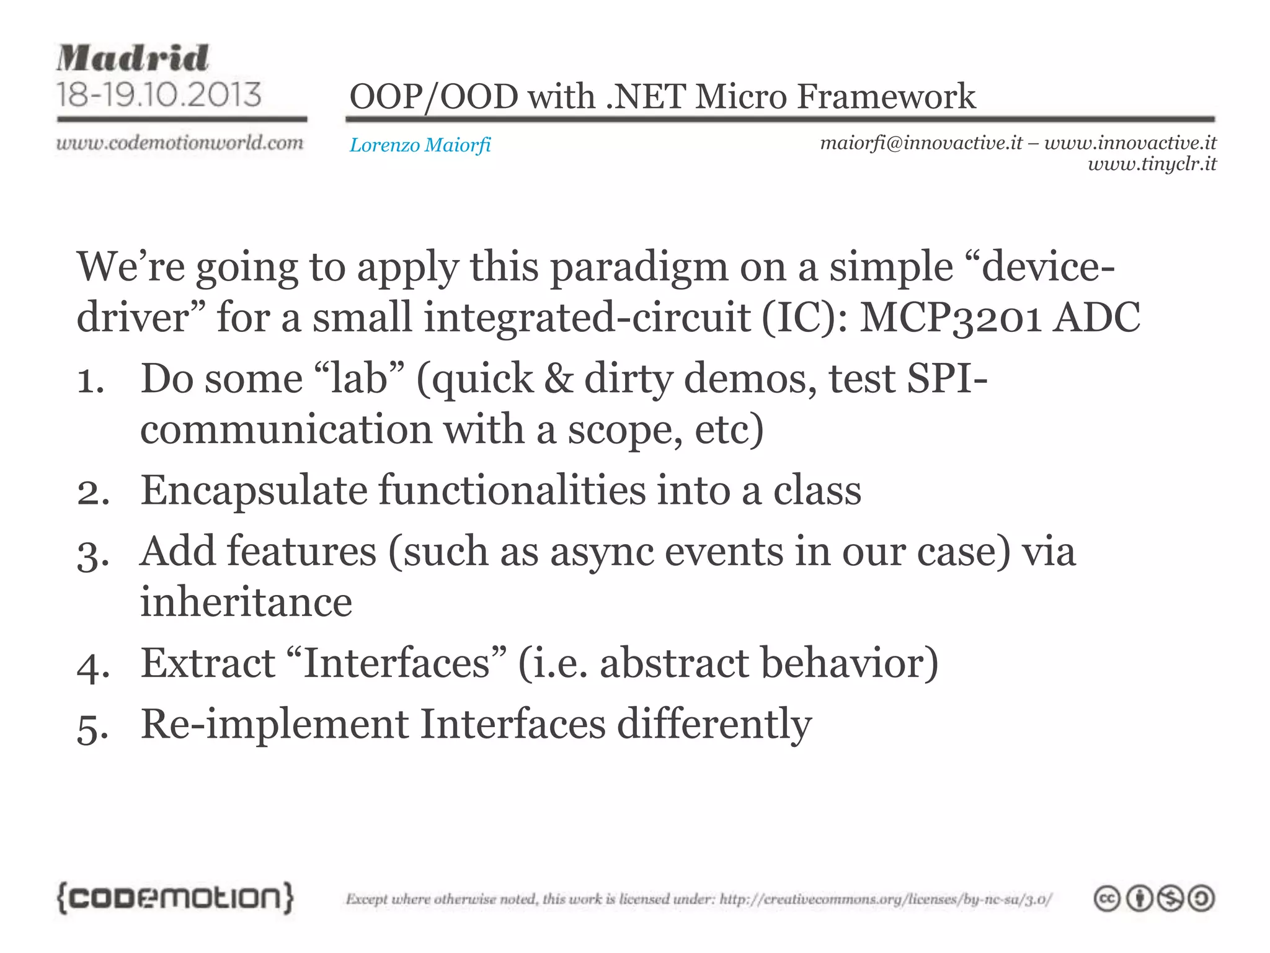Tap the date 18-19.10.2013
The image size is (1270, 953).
tap(159, 94)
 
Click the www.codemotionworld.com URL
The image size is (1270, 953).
tap(180, 143)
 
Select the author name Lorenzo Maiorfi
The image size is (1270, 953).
tap(420, 145)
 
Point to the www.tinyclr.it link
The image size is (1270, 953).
tap(1152, 164)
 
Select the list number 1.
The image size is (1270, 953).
tap(89, 380)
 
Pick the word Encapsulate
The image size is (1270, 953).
tap(254, 491)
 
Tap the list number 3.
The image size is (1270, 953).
tap(92, 553)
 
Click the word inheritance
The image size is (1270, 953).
tap(246, 602)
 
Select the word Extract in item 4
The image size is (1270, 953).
tap(208, 663)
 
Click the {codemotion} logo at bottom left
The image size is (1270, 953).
tap(175, 898)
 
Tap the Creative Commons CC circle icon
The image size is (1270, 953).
tap(1106, 898)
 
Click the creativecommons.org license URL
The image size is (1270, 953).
tap(885, 899)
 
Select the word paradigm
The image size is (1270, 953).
tap(639, 267)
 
